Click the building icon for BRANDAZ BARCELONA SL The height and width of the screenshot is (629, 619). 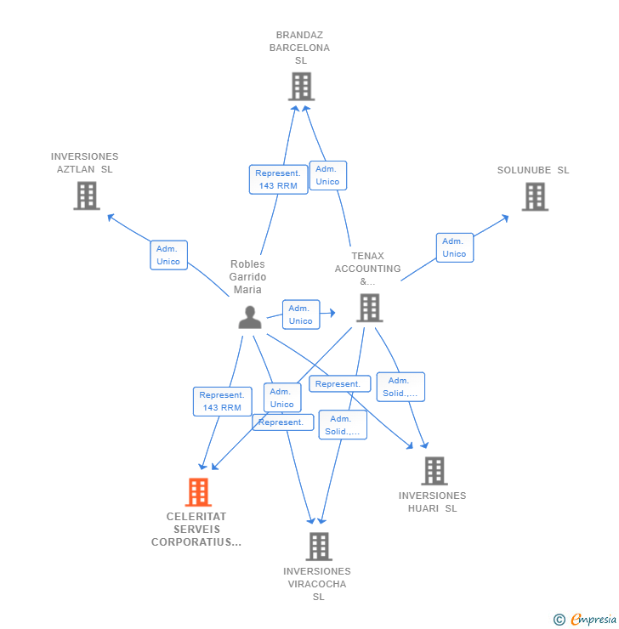pyautogui.click(x=301, y=86)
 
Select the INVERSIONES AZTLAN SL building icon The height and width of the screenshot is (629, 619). pyautogui.click(x=86, y=195)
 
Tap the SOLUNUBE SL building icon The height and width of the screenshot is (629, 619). pyautogui.click(x=535, y=196)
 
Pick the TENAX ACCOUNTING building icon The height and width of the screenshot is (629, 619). pyautogui.click(x=369, y=308)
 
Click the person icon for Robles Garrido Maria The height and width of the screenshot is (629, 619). pyautogui.click(x=250, y=317)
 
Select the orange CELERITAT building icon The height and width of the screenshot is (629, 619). pyautogui.click(x=198, y=491)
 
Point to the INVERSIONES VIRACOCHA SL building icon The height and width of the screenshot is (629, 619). pyautogui.click(x=319, y=546)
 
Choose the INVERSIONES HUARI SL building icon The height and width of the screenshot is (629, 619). pyautogui.click(x=434, y=470)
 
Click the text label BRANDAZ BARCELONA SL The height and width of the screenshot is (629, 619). pyautogui.click(x=299, y=48)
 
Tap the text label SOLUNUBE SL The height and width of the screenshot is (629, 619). pyautogui.click(x=533, y=170)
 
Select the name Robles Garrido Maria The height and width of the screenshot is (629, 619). pyautogui.click(x=248, y=277)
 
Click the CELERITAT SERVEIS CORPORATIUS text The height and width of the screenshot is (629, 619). pyautogui.click(x=196, y=529)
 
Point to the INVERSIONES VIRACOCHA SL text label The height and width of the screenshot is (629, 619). pyautogui.click(x=317, y=584)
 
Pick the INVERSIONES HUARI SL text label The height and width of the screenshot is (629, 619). pyautogui.click(x=432, y=501)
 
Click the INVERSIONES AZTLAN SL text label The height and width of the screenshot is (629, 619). pyautogui.click(x=84, y=162)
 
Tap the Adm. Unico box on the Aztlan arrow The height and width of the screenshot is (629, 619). pyautogui.click(x=168, y=255)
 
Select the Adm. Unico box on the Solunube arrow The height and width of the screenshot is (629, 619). pyautogui.click(x=454, y=247)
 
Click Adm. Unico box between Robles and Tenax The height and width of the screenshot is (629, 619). pyautogui.click(x=300, y=314)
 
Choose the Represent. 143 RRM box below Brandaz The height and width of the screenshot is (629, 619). pyautogui.click(x=278, y=179)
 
